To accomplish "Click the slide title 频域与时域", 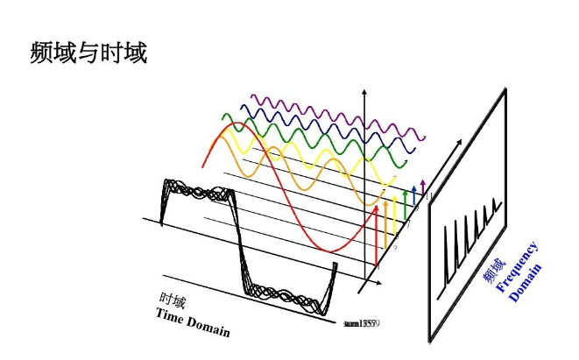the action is [x=88, y=53].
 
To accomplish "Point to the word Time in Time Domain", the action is [x=171, y=316].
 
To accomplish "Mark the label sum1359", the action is [x=360, y=324].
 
